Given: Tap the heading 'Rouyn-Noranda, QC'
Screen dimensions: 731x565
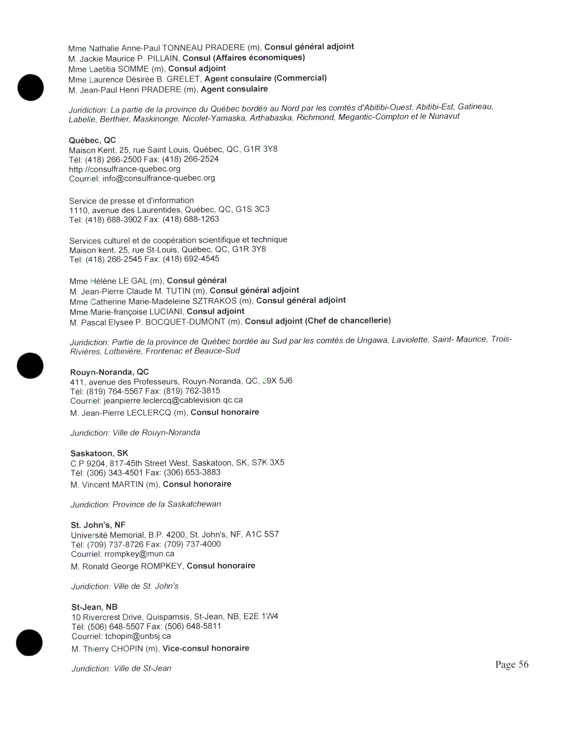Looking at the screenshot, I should pyautogui.click(x=109, y=372).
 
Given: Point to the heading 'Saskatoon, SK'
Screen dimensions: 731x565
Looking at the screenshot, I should pyautogui.click(x=99, y=453).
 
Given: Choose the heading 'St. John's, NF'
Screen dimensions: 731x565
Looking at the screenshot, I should pyautogui.click(x=98, y=525).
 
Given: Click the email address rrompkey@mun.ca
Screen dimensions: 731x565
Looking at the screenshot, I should pyautogui.click(x=139, y=554).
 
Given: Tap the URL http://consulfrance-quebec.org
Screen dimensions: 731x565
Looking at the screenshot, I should pyautogui.click(x=125, y=169).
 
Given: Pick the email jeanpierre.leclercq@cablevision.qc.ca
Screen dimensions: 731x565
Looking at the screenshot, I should pyautogui.click(x=173, y=400).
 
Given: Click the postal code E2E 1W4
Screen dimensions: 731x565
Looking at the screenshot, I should pyautogui.click(x=261, y=616).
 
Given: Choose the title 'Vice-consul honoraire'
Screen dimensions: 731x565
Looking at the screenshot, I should pyautogui.click(x=206, y=648).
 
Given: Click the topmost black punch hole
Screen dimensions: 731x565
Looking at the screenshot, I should pyautogui.click(x=30, y=87).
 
